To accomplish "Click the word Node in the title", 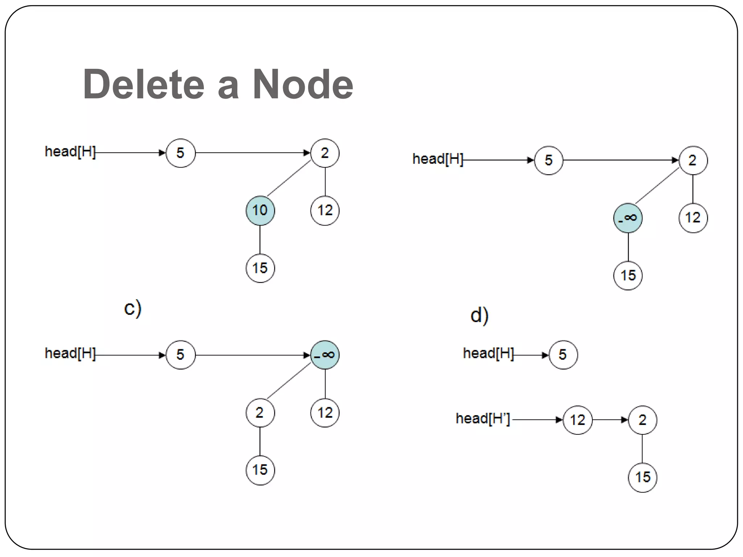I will point(302,84).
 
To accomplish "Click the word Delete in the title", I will point(144,84).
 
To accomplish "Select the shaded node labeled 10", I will point(260,211).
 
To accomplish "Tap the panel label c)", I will point(132,309).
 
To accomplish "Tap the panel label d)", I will point(479,315).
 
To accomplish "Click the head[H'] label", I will point(483,419).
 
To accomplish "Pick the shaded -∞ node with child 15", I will point(628,218).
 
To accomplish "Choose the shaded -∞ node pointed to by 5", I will point(325,355).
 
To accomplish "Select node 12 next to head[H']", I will point(578,420).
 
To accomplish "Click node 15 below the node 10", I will point(260,268).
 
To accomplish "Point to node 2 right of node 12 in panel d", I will point(643,420).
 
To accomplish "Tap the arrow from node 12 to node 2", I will point(610,420).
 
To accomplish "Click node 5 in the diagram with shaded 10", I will point(180,153).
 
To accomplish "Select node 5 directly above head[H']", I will point(563,355).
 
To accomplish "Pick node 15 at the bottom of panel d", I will point(643,478).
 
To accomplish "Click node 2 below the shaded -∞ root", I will point(260,413).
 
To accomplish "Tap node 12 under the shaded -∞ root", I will point(325,413).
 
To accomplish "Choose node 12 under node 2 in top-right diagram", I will point(693,218).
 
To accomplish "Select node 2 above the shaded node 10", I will point(325,153).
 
